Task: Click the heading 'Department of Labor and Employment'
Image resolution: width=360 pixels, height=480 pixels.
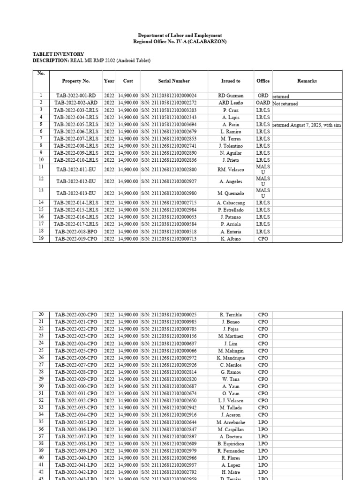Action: (x=180, y=36)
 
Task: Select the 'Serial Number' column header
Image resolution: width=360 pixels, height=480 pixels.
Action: (x=174, y=81)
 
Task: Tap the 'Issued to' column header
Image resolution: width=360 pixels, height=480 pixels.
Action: (x=231, y=81)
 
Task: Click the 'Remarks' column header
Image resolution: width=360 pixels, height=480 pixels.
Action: (x=307, y=81)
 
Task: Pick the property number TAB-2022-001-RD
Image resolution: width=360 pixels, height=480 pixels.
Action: (x=76, y=96)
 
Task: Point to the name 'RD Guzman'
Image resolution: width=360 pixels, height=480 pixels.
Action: (x=231, y=96)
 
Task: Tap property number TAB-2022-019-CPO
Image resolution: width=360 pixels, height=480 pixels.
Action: (x=76, y=239)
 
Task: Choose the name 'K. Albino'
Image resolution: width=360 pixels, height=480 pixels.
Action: (x=231, y=239)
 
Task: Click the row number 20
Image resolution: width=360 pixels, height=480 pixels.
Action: (x=41, y=315)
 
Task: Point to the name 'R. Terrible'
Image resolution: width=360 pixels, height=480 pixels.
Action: (x=231, y=315)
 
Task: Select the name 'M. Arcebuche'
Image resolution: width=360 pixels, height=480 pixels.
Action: (x=231, y=422)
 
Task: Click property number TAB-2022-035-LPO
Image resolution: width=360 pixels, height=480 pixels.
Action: (x=76, y=422)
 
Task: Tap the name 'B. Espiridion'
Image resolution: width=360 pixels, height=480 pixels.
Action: (x=231, y=444)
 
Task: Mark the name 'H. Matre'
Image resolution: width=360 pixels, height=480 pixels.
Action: (x=231, y=472)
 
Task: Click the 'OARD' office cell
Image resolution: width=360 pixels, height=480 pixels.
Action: (x=263, y=103)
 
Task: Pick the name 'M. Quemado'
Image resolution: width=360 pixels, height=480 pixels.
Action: (x=231, y=193)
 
